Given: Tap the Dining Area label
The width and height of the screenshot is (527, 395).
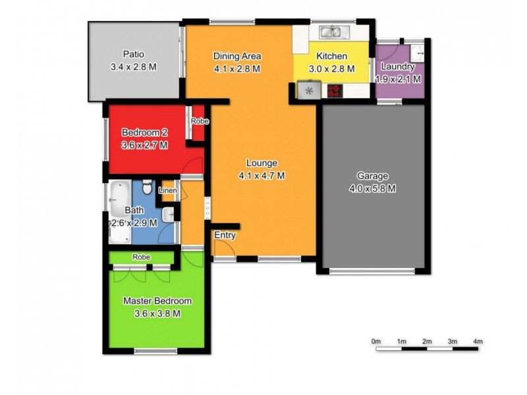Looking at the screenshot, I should (x=237, y=56).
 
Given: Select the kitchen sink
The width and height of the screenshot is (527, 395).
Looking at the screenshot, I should (x=330, y=31).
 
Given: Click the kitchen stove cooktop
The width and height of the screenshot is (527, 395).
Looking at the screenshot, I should (x=335, y=91).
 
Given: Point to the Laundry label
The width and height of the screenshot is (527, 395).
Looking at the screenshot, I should (x=398, y=67).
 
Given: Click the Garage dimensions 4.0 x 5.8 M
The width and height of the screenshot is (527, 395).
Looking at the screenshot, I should (x=372, y=188).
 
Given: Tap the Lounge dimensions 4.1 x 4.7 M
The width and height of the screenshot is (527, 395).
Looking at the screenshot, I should (x=262, y=175).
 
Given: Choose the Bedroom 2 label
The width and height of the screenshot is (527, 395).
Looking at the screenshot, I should (x=144, y=133).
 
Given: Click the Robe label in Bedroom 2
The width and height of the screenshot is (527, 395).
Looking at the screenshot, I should (x=200, y=122).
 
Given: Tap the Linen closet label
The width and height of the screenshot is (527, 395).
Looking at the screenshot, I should (x=167, y=190).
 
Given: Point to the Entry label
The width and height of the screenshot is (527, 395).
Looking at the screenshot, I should (x=225, y=235).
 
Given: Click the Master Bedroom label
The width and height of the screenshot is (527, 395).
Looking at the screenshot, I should (x=158, y=302).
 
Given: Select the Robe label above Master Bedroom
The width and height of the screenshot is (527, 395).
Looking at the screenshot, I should (x=140, y=257).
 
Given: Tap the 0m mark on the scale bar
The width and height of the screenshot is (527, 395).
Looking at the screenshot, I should (x=376, y=341).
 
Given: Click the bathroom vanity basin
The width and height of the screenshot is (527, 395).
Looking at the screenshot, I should (x=169, y=213).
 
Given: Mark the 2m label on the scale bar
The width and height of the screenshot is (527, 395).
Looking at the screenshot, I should (x=427, y=341).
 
